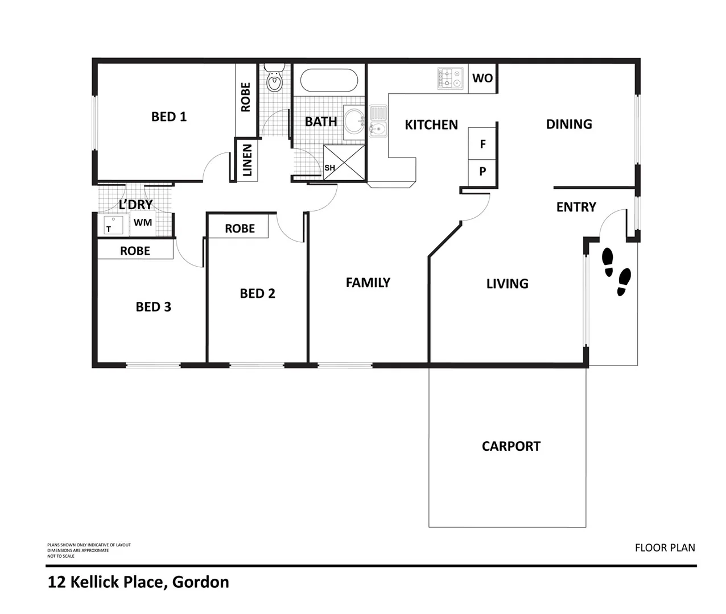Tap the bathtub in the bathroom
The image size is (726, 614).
[328, 81]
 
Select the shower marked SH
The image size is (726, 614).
[344, 163]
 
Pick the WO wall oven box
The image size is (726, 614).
[482, 78]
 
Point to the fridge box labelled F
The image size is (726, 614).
[482, 144]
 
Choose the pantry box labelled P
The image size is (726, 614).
[482, 172]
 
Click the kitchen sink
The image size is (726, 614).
[378, 121]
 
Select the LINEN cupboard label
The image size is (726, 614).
[247, 160]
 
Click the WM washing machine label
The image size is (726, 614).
[143, 223]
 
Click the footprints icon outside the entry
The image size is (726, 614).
[616, 272]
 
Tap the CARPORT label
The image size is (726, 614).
[511, 446]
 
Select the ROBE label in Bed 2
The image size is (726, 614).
[240, 229]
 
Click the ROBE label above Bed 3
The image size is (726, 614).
[135, 251]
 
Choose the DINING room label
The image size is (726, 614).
[569, 124]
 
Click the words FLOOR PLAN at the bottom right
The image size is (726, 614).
[665, 548]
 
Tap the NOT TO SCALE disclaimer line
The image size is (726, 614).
[61, 556]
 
